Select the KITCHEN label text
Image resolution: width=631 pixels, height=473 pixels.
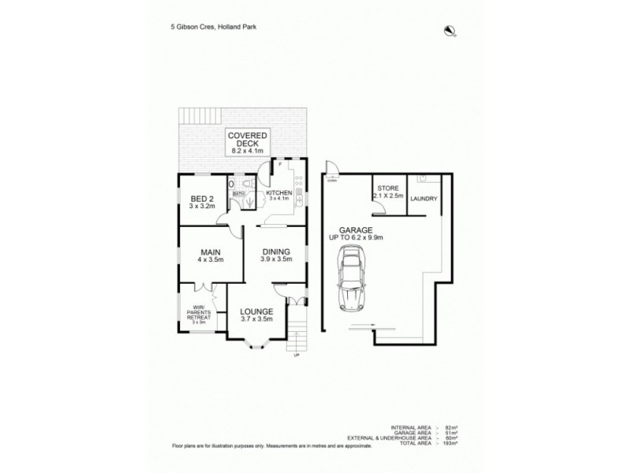[278, 193]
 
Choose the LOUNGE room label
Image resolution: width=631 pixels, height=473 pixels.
[256, 315]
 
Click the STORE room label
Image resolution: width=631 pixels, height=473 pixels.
[387, 190]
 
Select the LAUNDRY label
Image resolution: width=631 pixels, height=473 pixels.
[424, 200]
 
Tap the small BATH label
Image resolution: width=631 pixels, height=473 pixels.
[237, 192]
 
